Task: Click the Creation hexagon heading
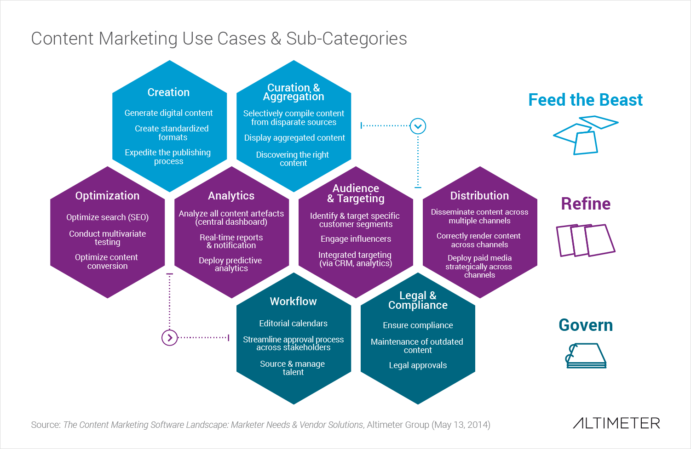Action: pyautogui.click(x=168, y=92)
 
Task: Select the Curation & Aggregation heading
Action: pyautogui.click(x=294, y=92)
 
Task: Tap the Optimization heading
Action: pyautogui.click(x=107, y=196)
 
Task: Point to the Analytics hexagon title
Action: pyautogui.click(x=231, y=196)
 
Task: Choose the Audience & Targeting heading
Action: pyautogui.click(x=356, y=193)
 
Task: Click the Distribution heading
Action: pyautogui.click(x=479, y=196)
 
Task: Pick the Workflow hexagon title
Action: pyautogui.click(x=293, y=301)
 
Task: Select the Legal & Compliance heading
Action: pyautogui.click(x=418, y=300)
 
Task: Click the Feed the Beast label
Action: pyautogui.click(x=585, y=100)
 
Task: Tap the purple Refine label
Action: pyautogui.click(x=586, y=204)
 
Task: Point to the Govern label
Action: pyautogui.click(x=586, y=325)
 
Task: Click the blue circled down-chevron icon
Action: pyautogui.click(x=418, y=126)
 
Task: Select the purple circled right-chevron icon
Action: pyautogui.click(x=169, y=338)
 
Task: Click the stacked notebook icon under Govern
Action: pyautogui.click(x=586, y=356)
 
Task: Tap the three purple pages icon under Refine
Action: pyautogui.click(x=585, y=240)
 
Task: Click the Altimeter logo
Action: pyautogui.click(x=616, y=423)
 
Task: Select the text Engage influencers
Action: pyautogui.click(x=356, y=239)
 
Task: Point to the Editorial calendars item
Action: pyautogui.click(x=293, y=324)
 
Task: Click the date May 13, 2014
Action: pyautogui.click(x=461, y=425)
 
